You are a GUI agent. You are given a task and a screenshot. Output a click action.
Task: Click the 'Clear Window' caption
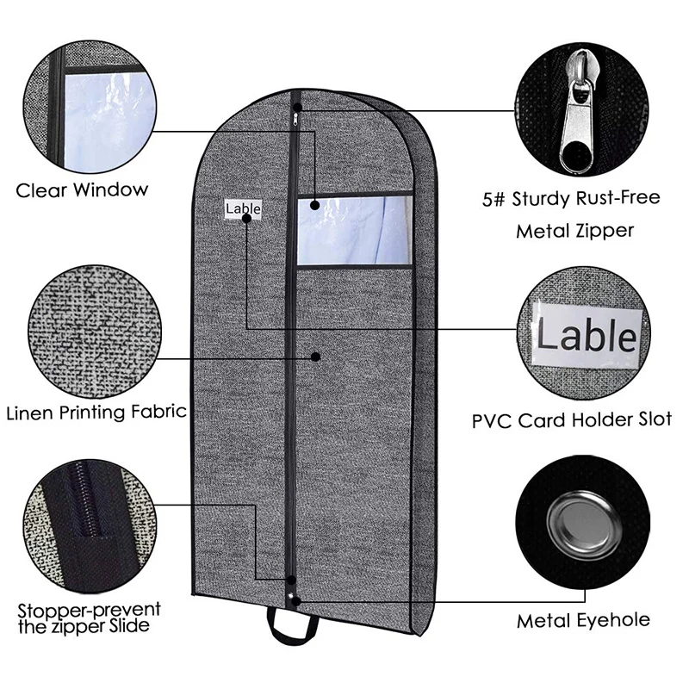(82, 189)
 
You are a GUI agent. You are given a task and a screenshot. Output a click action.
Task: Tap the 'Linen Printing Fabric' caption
(96, 411)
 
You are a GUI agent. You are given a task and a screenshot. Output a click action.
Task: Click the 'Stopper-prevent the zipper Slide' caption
(88, 618)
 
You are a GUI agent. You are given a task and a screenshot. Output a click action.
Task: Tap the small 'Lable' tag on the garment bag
(243, 208)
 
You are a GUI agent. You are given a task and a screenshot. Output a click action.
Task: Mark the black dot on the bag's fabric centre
(315, 357)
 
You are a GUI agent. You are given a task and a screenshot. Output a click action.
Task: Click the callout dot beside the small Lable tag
(247, 220)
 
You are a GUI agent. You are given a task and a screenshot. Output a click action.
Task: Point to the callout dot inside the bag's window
(315, 206)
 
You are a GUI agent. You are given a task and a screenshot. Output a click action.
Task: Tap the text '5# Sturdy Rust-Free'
(586, 199)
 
